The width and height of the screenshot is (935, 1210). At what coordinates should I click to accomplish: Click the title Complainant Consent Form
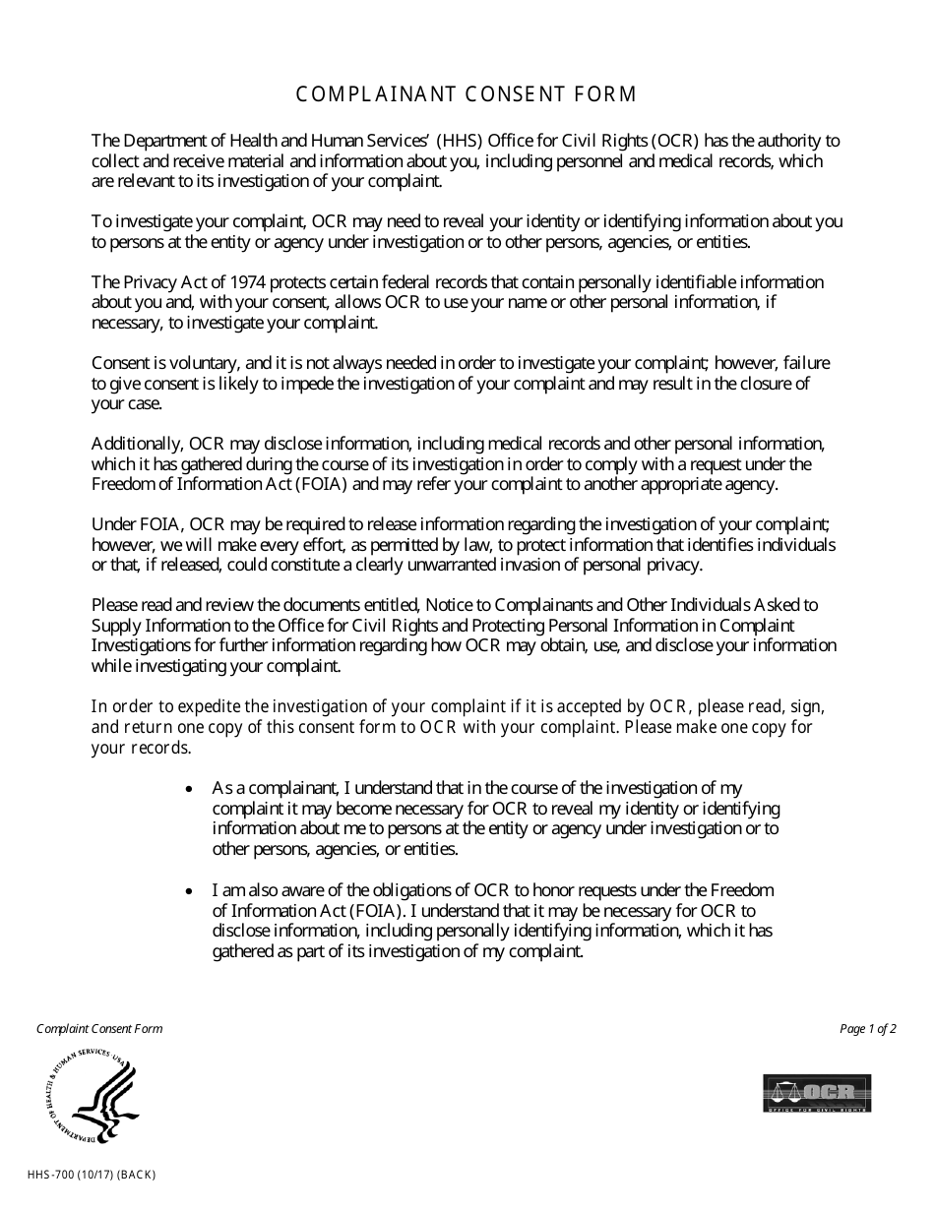(x=467, y=94)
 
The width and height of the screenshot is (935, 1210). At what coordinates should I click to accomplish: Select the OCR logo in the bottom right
(x=816, y=1093)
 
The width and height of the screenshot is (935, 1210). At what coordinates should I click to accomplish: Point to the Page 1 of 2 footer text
(x=867, y=1029)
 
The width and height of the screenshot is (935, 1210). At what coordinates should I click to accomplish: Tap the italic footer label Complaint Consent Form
(x=99, y=1029)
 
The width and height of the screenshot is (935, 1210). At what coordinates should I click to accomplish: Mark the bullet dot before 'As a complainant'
(x=189, y=789)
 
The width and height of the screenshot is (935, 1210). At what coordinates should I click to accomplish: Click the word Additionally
(x=135, y=444)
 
